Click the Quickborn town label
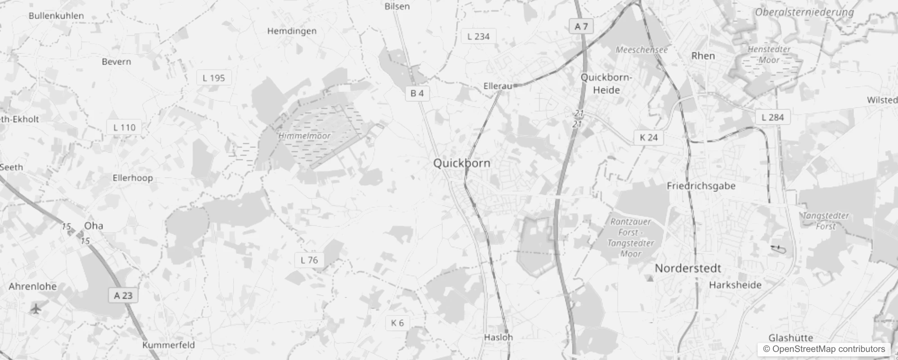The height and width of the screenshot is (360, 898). click(x=462, y=163)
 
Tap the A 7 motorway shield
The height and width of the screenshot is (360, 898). click(x=581, y=27)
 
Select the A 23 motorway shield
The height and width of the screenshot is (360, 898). click(x=123, y=296)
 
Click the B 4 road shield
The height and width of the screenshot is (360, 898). click(x=417, y=94)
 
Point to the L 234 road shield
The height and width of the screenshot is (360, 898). click(x=478, y=36)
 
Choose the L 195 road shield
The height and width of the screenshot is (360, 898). click(x=214, y=78)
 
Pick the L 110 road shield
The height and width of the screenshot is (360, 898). click(x=124, y=127)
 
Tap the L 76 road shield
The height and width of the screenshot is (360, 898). click(x=309, y=260)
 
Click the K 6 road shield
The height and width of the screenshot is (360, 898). click(x=397, y=323)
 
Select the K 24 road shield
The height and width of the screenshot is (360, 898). click(x=648, y=138)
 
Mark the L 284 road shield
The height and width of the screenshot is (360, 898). click(x=772, y=117)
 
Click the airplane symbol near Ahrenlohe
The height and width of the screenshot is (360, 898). click(x=36, y=309)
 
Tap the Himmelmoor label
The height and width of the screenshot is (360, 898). click(x=305, y=135)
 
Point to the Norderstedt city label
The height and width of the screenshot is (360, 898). click(x=687, y=269)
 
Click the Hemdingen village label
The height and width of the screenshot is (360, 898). click(x=292, y=31)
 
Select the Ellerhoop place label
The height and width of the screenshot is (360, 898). click(x=132, y=178)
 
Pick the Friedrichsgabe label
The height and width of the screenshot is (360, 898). click(x=701, y=186)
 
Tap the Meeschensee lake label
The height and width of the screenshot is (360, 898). click(x=641, y=50)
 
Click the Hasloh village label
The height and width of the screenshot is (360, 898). click(x=498, y=337)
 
